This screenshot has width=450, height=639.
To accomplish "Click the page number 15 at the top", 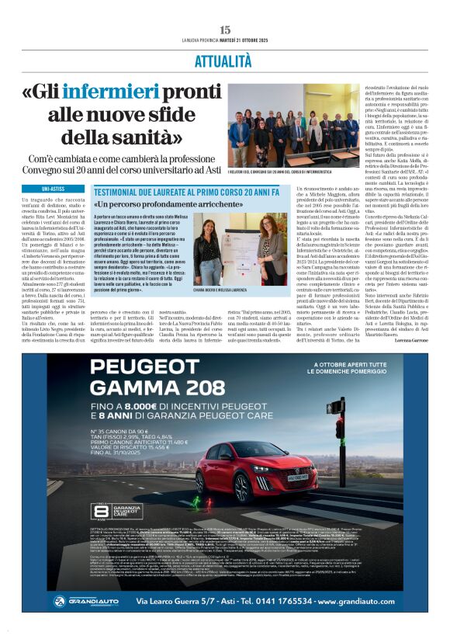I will pos(225,30).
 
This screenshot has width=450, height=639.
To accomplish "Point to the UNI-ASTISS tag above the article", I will pos(54,189).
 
